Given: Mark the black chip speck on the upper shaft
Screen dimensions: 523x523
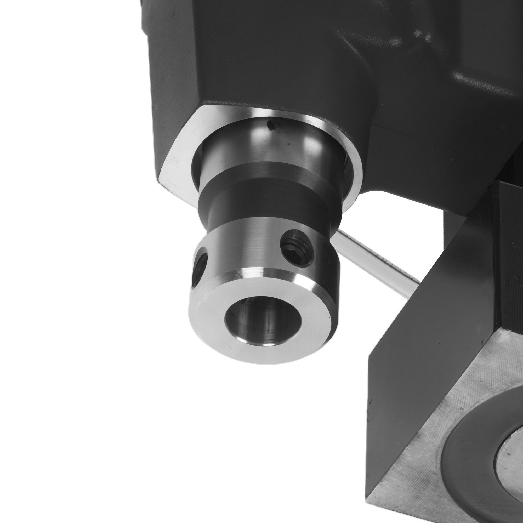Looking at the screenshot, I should click(270, 124).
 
